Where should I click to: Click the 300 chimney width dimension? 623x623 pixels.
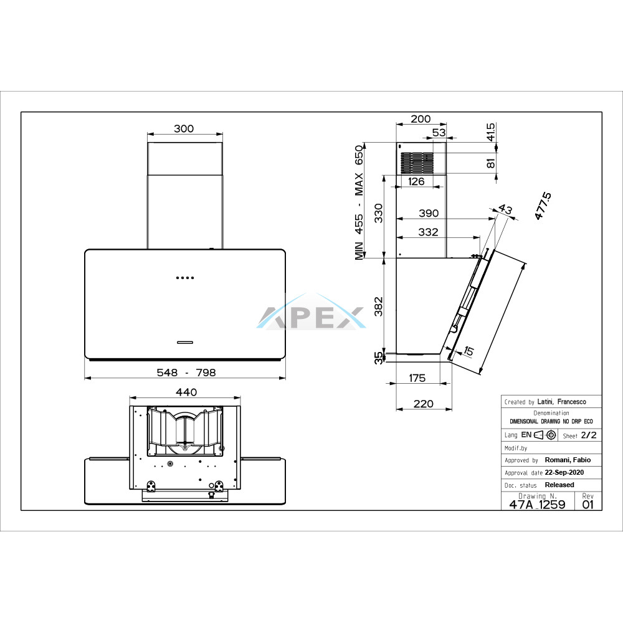click(184, 129)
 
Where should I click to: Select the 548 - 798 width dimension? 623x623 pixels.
click(186, 373)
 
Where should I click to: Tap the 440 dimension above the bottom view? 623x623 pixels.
click(186, 392)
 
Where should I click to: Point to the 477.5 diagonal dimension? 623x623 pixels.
click(543, 206)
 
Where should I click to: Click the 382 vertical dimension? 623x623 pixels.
click(379, 307)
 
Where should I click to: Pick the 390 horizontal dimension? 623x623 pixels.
click(429, 213)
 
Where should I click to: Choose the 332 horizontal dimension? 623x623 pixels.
click(429, 232)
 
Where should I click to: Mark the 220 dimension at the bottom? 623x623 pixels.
click(424, 404)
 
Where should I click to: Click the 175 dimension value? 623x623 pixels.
click(417, 378)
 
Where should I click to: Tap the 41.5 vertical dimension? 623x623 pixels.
click(491, 132)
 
